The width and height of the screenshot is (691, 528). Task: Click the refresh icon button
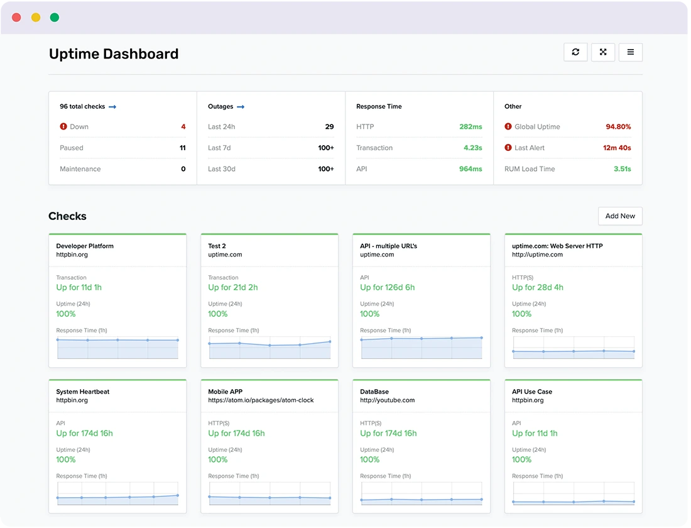[x=575, y=52]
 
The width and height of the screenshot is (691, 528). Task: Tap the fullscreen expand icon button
[x=603, y=52]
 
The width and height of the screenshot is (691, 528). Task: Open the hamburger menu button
[x=630, y=52]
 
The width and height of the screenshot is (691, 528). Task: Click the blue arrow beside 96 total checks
[x=112, y=107]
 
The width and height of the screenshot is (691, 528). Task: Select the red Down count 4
[x=183, y=127]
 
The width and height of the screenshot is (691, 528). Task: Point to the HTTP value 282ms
[x=471, y=127]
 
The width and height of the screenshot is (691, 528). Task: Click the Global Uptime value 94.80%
[x=618, y=127]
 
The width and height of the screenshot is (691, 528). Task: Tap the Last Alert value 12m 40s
[x=617, y=148]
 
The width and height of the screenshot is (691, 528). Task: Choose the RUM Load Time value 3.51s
[x=622, y=169]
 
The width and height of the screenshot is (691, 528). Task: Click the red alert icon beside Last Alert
[x=508, y=148]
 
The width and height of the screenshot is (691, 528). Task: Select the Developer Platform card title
[x=85, y=246]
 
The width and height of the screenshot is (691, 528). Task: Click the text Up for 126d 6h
[x=387, y=287]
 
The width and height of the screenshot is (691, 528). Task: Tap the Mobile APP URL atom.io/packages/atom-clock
[x=261, y=400]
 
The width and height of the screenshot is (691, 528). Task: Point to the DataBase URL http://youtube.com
[x=387, y=400]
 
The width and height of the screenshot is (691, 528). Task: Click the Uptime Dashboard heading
[x=114, y=54]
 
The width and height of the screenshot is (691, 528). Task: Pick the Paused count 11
[x=182, y=148]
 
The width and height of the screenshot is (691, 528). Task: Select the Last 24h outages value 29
[x=329, y=127]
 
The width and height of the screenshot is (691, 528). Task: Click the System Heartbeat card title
[x=82, y=392]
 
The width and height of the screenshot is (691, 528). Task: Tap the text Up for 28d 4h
[x=537, y=287]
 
